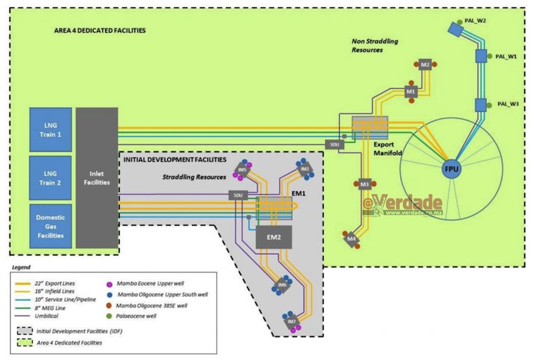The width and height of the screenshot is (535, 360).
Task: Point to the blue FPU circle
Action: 452,169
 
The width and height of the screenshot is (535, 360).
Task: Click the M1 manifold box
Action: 411,91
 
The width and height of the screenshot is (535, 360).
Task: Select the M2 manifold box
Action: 425,65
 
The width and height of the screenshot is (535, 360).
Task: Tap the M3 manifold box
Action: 364,184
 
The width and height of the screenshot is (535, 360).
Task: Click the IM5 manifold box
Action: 242,171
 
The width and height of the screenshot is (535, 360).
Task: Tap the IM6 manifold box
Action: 282,285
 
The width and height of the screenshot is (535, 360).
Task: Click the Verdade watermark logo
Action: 405,203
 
